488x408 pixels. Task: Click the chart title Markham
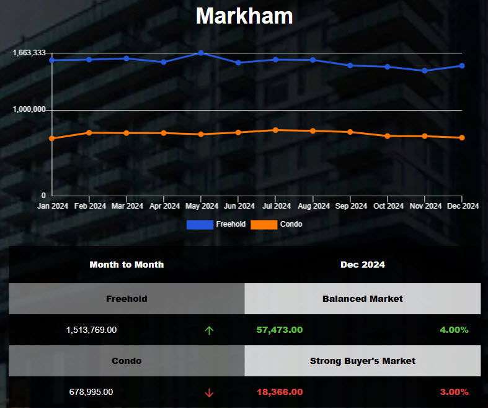coord(244,16)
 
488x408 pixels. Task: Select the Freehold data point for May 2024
coord(201,53)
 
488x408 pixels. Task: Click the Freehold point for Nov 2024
coord(425,71)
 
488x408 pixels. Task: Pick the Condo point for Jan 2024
coord(52,138)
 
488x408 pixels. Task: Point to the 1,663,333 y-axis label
coord(29,53)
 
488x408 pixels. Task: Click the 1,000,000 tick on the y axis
coord(29,109)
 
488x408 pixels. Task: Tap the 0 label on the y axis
coord(43,195)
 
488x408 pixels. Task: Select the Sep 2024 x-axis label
coord(350,206)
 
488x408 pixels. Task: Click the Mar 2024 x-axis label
coord(127,206)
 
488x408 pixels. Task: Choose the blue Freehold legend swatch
coord(200,224)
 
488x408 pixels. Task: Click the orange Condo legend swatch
coord(264,224)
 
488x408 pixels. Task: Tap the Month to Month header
coord(126,265)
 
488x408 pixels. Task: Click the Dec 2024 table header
coord(362,265)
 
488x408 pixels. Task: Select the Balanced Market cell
coord(362,299)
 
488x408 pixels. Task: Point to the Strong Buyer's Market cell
coord(362,361)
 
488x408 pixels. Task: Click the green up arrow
coord(209,330)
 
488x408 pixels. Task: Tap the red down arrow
coord(209,392)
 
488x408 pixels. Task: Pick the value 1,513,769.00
coord(91,330)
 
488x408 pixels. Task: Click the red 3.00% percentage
coord(454,392)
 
